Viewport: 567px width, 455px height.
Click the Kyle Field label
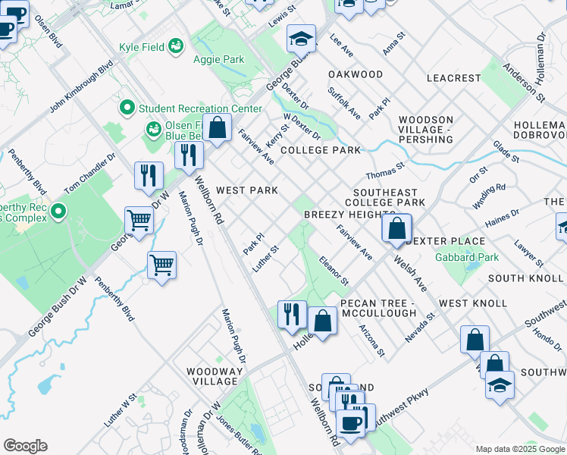(x=143, y=47)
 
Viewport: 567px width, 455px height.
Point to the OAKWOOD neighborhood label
(x=356, y=74)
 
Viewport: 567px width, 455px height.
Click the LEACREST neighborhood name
(x=453, y=78)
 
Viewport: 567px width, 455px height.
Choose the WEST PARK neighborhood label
(x=246, y=190)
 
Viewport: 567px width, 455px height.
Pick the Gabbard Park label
(x=467, y=257)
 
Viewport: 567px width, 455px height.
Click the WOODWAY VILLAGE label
(x=216, y=376)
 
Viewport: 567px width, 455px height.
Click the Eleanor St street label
(x=334, y=271)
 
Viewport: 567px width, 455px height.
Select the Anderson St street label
(x=526, y=82)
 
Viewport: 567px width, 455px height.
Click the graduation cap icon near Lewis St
(x=301, y=39)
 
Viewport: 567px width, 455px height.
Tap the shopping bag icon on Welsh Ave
(x=396, y=229)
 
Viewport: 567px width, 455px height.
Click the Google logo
(x=25, y=446)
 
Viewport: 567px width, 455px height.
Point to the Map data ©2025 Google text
(x=519, y=448)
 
